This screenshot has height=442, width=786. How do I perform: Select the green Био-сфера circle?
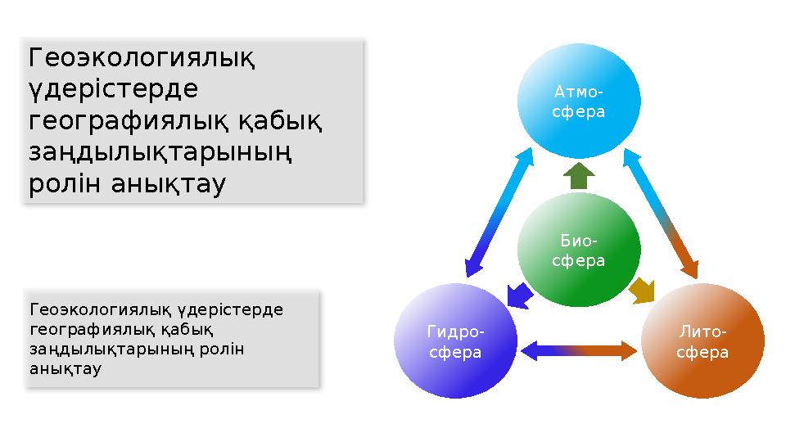pos(578,250)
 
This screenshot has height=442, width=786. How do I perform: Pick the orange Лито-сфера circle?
pos(702,342)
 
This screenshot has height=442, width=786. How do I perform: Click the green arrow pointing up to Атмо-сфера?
pos(578,175)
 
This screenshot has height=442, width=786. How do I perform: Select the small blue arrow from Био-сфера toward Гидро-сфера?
pos(517,294)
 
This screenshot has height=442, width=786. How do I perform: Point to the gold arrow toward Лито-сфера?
pos(642,290)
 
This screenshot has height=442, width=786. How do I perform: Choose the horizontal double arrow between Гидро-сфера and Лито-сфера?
pos(578,350)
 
